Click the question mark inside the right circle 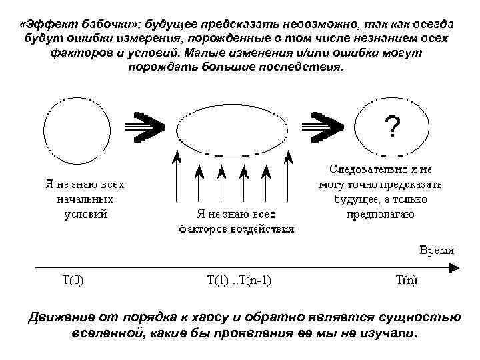click(x=394, y=125)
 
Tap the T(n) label click(x=406, y=280)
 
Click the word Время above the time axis click(x=437, y=251)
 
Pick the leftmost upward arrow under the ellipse click(x=177, y=177)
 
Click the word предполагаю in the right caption click(x=380, y=215)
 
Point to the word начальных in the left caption click(x=85, y=199)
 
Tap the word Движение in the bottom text click(x=61, y=315)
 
